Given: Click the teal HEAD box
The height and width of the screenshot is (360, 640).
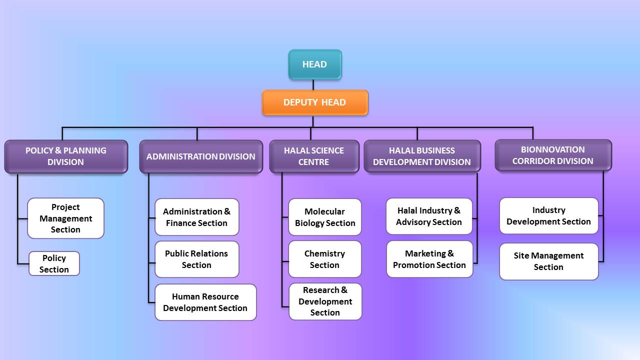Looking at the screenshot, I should tap(315, 64).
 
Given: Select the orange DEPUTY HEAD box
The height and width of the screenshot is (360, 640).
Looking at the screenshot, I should tap(315, 102).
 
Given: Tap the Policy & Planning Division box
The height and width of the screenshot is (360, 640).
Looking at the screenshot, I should tap(66, 156).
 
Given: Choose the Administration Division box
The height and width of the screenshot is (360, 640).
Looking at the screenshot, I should tap(201, 156).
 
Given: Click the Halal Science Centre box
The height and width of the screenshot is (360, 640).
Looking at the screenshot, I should tap(314, 156).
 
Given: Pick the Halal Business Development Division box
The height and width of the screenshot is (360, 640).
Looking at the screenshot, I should tap(422, 156).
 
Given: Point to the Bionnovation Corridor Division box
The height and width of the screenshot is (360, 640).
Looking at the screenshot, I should tap(553, 155).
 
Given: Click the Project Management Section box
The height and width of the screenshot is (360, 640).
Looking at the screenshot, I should tap(65, 218).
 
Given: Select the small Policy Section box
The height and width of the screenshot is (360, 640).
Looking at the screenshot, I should tap(54, 263).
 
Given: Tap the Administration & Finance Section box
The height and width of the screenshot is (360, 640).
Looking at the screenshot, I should tap(197, 217).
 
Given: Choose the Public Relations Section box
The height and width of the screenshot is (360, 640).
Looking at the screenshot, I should tap(197, 259).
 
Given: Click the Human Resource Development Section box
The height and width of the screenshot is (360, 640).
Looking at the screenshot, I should tap(205, 302).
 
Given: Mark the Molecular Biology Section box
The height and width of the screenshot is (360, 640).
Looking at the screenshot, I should tap(325, 217).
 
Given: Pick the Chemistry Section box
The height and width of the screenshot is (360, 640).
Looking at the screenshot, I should tap(325, 259).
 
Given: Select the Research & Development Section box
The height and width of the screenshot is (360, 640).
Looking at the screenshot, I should tap(325, 301).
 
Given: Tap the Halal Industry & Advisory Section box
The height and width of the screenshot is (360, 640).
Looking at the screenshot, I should tap(429, 216).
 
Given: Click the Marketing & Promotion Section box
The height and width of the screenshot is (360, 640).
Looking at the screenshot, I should tap(429, 259).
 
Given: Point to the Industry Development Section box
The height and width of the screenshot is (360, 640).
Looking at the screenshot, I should tap(549, 215).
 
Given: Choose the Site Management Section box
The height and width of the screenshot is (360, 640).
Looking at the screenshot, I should tap(549, 261).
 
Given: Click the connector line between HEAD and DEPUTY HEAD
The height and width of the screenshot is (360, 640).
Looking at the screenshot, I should tap(313, 84).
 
